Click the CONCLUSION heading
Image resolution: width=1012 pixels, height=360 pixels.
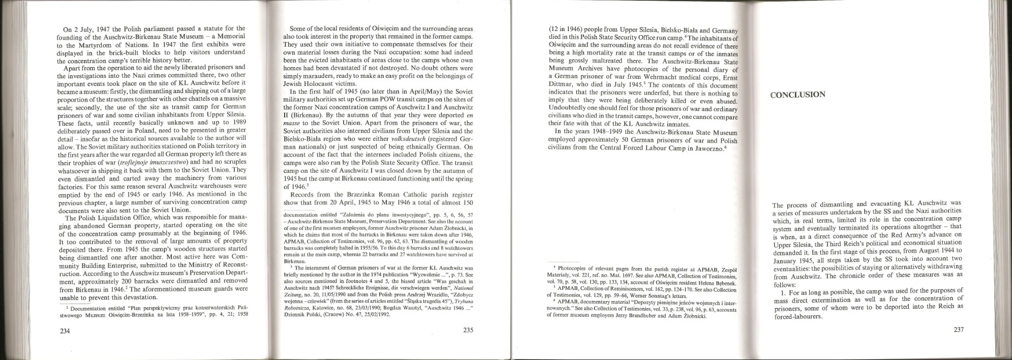[x=798, y=95]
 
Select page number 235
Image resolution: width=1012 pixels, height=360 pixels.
[x=468, y=330]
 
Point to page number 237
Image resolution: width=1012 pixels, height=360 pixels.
[x=958, y=329]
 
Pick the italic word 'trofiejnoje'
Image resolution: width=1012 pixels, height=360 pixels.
[x=132, y=162]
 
